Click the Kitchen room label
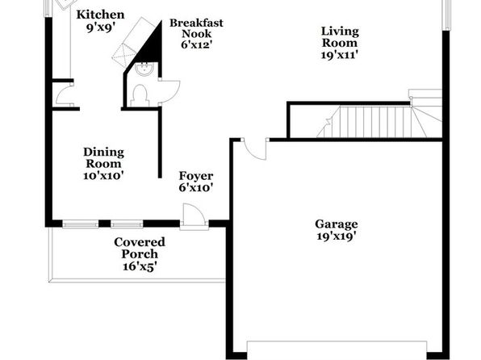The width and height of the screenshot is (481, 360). click(x=100, y=15)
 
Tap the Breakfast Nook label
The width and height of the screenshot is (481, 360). click(x=196, y=28)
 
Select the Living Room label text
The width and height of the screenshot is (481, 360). click(x=340, y=37)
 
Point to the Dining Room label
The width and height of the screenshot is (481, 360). click(x=103, y=157)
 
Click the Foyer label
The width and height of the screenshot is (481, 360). click(x=196, y=176)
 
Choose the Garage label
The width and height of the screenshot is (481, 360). click(x=337, y=224)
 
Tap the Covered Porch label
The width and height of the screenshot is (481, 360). click(x=140, y=248)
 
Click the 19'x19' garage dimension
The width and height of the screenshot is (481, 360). click(x=337, y=237)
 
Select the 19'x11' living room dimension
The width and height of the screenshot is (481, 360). click(x=340, y=55)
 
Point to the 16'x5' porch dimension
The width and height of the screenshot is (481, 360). click(x=140, y=266)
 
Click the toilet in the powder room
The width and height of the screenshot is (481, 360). click(x=140, y=96)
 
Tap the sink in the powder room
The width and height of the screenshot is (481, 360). click(x=144, y=69)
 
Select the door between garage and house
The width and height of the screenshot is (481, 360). click(x=254, y=149)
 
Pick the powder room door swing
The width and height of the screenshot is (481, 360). click(x=169, y=91)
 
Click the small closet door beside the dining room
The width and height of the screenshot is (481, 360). click(x=64, y=95)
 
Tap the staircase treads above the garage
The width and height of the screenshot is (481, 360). click(x=379, y=122)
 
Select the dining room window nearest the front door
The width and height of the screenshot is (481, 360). click(x=127, y=224)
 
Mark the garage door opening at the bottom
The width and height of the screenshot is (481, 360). click(x=337, y=350)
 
